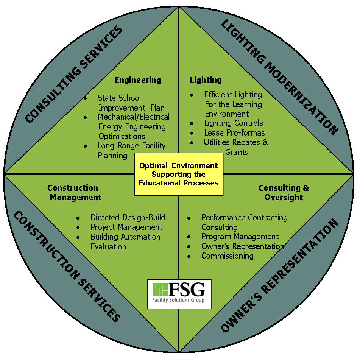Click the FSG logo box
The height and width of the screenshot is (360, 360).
(179, 294)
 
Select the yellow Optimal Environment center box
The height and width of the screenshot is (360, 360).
(179, 174)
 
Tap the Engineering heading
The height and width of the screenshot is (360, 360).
(138, 80)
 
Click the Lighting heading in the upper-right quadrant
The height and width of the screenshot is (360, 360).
(206, 80)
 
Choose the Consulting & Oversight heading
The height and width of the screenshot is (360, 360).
(284, 193)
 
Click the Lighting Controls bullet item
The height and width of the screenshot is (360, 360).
(233, 123)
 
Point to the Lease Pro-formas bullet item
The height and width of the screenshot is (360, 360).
(234, 133)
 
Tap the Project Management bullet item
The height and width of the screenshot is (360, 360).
(126, 227)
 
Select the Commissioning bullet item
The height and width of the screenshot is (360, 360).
(227, 256)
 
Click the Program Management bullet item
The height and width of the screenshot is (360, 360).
(240, 237)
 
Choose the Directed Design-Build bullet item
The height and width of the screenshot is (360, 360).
(128, 218)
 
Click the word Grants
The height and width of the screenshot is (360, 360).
(237, 152)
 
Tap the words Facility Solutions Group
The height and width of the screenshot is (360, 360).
(178, 301)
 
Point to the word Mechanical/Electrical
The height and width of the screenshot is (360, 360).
(134, 117)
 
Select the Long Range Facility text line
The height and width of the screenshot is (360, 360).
(132, 146)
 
